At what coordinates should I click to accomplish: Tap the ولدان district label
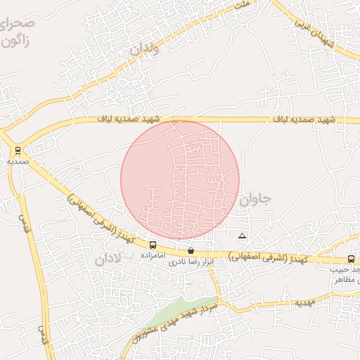[145, 50]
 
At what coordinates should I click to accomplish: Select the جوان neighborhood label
[255, 200]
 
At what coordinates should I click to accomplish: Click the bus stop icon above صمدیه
[17, 150]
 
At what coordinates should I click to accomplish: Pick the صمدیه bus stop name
[17, 161]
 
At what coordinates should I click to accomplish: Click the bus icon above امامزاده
[153, 245]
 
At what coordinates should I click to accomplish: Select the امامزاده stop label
[153, 255]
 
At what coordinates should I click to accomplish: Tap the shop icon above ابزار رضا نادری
[191, 250]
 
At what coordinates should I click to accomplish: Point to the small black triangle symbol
[243, 236]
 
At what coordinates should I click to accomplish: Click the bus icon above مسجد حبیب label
[351, 259]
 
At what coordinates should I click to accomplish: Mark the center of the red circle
[180, 180]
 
